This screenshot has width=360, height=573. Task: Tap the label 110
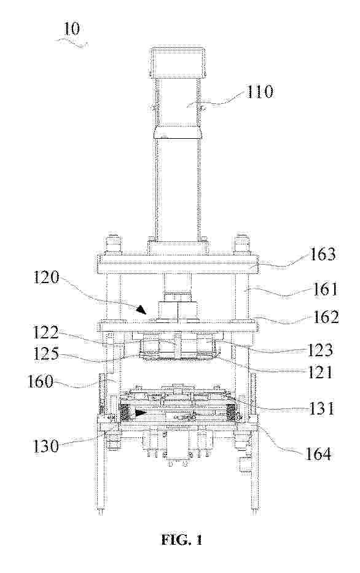[x=259, y=92]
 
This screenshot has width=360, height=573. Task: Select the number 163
[x=322, y=254]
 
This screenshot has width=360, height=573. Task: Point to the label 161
[x=325, y=290]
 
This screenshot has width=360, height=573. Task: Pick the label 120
[x=46, y=278]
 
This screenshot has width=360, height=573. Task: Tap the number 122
[x=46, y=333]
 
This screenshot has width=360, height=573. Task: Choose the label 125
[x=46, y=353]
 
